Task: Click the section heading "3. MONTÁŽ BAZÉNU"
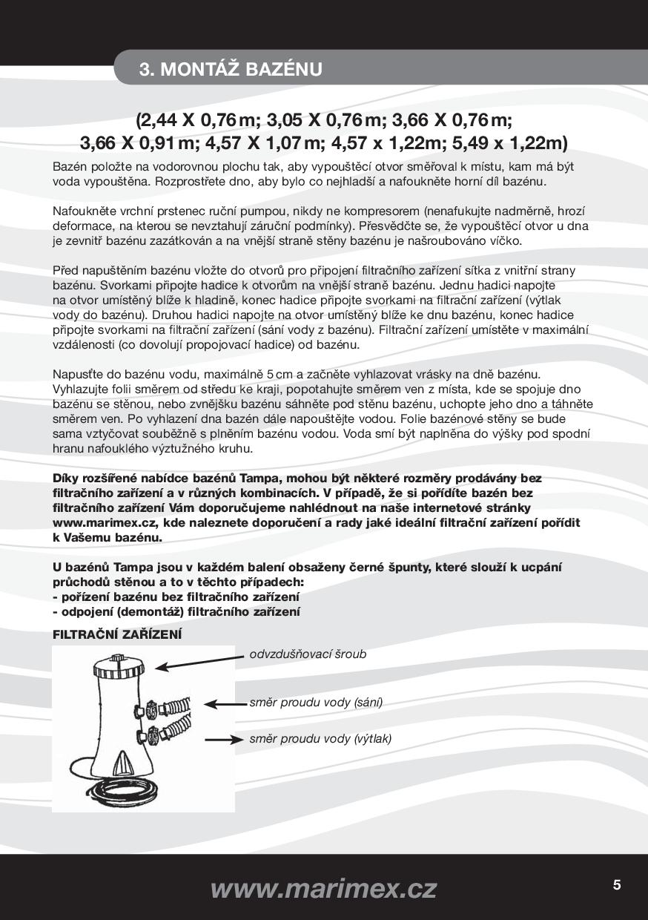(231, 70)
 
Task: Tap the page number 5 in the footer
(617, 884)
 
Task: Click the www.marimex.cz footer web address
(323, 887)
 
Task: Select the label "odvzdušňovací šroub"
(308, 654)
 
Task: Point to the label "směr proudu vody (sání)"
(316, 702)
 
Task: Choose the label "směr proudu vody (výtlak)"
(320, 738)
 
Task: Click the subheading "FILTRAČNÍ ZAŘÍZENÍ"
(117, 634)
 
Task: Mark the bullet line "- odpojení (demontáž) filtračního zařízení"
(176, 611)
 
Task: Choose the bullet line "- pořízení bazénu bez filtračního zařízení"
(176, 597)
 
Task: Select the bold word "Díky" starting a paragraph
(66, 478)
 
